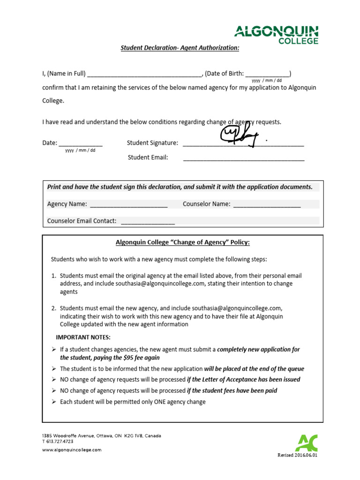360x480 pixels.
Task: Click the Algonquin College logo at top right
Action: [276, 35]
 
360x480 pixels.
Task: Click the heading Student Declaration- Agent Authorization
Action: [180, 48]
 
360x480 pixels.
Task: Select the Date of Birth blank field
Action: [267, 74]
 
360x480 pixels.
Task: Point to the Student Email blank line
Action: [243, 158]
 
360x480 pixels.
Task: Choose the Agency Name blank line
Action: [128, 204]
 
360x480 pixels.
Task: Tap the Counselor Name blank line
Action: [266, 204]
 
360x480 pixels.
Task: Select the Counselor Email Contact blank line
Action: [148, 221]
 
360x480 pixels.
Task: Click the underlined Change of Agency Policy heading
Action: [183, 242]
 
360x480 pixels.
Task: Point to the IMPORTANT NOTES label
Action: [83, 337]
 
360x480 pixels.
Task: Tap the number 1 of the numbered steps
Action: [53, 276]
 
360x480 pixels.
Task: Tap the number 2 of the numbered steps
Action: [53, 308]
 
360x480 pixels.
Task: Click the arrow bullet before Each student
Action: [53, 402]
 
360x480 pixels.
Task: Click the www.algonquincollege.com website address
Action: [72, 450]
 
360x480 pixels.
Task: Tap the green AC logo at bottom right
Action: [306, 443]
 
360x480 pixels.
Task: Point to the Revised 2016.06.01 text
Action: [298, 455]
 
